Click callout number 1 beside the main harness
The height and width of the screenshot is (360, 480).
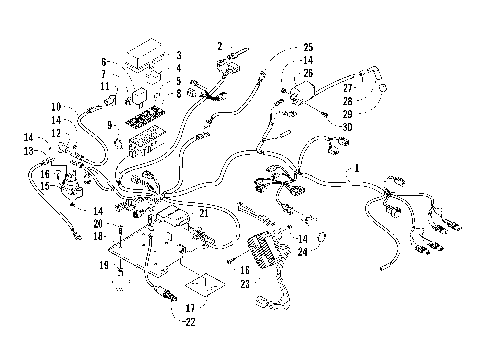(354, 170)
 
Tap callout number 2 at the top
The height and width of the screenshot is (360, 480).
(219, 46)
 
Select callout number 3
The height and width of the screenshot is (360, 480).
(178, 55)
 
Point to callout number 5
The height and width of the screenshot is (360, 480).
(178, 81)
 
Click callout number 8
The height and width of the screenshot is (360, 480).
(178, 94)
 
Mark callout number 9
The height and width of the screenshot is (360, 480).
(110, 125)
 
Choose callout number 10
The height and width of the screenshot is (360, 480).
(56, 106)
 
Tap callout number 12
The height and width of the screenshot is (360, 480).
(56, 133)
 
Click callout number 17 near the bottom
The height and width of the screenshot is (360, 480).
(189, 308)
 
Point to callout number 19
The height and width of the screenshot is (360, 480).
(102, 265)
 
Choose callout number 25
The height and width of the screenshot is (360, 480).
(308, 47)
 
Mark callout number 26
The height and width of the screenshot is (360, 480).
(308, 73)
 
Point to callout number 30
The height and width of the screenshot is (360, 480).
(346, 126)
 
